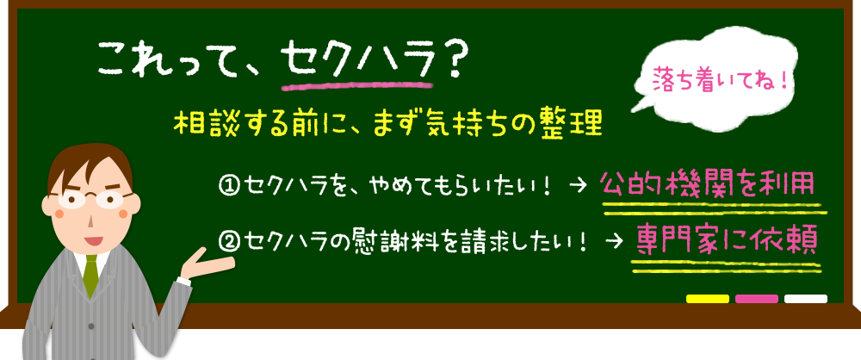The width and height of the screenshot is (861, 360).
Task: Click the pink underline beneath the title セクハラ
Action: coord(356,84)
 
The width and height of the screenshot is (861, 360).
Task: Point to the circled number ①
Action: coord(230,184)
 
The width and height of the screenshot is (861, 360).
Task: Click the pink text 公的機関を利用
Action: coord(706,183)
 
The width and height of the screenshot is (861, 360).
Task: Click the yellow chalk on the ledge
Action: coord(707,299)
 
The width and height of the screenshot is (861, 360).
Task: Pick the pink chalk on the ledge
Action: coord(757,299)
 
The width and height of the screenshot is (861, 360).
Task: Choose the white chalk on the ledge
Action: coord(806,299)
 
